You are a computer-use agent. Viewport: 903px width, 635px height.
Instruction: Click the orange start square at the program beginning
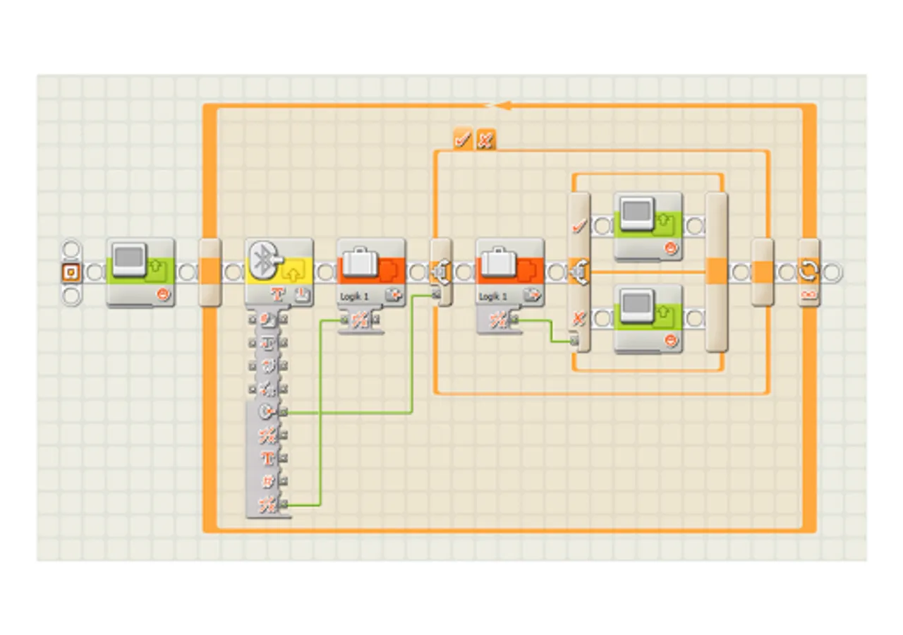point(71,272)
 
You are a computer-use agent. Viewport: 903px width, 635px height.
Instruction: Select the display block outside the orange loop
point(140,272)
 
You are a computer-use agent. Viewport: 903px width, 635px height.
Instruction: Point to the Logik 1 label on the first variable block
point(354,296)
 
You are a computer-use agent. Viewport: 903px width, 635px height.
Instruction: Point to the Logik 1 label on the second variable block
point(493,296)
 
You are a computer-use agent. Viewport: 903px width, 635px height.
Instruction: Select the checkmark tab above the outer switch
point(463,140)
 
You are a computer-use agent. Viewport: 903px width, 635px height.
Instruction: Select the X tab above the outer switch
point(485,140)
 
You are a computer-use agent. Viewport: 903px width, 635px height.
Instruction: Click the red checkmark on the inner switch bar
point(578,226)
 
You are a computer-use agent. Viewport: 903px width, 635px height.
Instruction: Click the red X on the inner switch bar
point(578,319)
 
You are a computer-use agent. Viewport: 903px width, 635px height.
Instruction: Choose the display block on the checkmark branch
point(648,226)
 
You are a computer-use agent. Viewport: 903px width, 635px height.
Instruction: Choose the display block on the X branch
point(648,318)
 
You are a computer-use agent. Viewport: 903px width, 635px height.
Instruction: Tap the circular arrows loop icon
point(808,270)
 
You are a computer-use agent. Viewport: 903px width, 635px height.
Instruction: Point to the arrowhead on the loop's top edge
point(502,106)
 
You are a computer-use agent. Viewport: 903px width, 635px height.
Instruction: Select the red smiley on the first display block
point(164,294)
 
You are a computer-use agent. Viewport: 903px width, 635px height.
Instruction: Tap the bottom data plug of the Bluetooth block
point(283,504)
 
